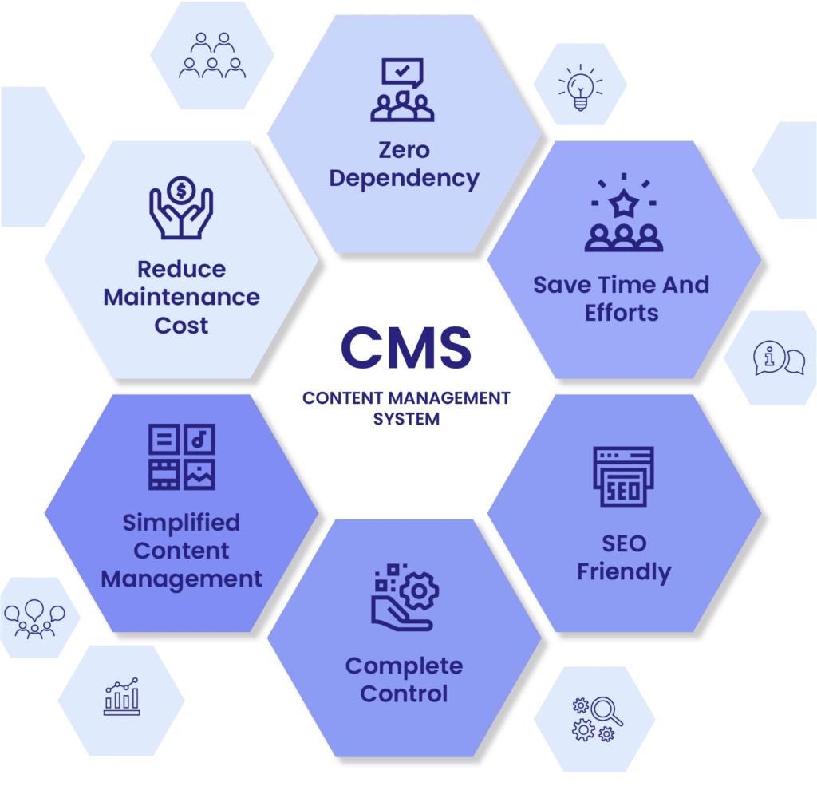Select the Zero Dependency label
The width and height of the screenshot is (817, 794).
[x=404, y=164]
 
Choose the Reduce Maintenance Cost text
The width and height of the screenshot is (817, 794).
[x=182, y=297]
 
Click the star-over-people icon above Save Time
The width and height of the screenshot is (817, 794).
[x=623, y=215]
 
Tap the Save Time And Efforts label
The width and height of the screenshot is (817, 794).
[x=622, y=298]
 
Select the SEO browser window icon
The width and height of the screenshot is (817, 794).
[x=623, y=476]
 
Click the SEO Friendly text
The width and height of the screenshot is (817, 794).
[x=624, y=558]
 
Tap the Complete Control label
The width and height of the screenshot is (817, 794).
[x=404, y=679]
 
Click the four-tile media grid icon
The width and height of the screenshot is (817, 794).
[x=182, y=456]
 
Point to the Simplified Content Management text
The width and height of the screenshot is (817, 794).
[x=182, y=551]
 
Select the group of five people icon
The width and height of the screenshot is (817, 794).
[x=212, y=55]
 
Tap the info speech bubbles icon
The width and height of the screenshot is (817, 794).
[x=779, y=359]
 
